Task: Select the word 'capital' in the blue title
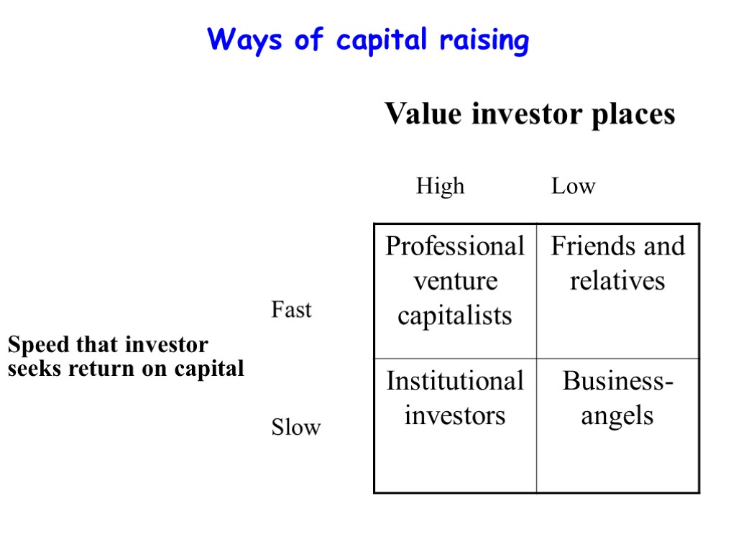point(381,40)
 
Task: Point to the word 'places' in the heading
point(633,115)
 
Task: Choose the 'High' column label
point(440,187)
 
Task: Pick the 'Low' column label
point(573,187)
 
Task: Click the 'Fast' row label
point(291,310)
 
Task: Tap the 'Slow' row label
point(295,428)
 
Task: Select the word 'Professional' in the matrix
point(455,247)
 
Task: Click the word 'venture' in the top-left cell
point(455,280)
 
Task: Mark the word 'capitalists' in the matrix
point(455,315)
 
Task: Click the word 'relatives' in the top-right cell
point(617,280)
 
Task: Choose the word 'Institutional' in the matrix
point(455,381)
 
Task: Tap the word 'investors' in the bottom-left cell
point(455,415)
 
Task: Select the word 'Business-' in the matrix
point(617,381)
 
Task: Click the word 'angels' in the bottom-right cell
point(617,415)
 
